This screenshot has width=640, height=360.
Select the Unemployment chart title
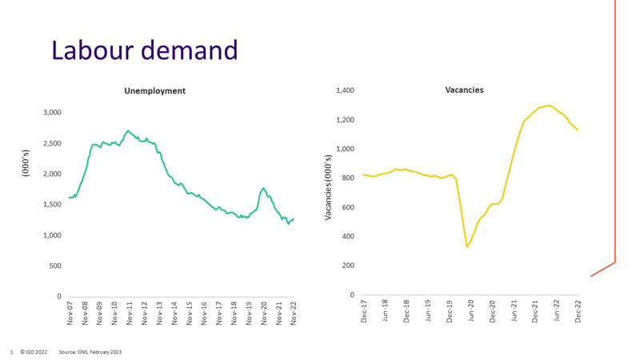(x=155, y=91)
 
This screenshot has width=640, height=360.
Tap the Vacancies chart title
(x=464, y=90)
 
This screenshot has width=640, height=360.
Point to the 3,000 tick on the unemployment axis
(x=50, y=113)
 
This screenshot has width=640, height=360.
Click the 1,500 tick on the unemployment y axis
(x=50, y=205)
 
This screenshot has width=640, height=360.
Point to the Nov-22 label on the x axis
(x=294, y=314)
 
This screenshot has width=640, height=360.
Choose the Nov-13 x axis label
(x=159, y=314)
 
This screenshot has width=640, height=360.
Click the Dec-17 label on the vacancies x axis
(x=364, y=312)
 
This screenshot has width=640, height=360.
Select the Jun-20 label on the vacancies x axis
(x=471, y=312)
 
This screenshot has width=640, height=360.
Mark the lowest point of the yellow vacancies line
(x=467, y=247)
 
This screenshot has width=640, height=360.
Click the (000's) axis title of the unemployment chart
(x=26, y=204)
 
